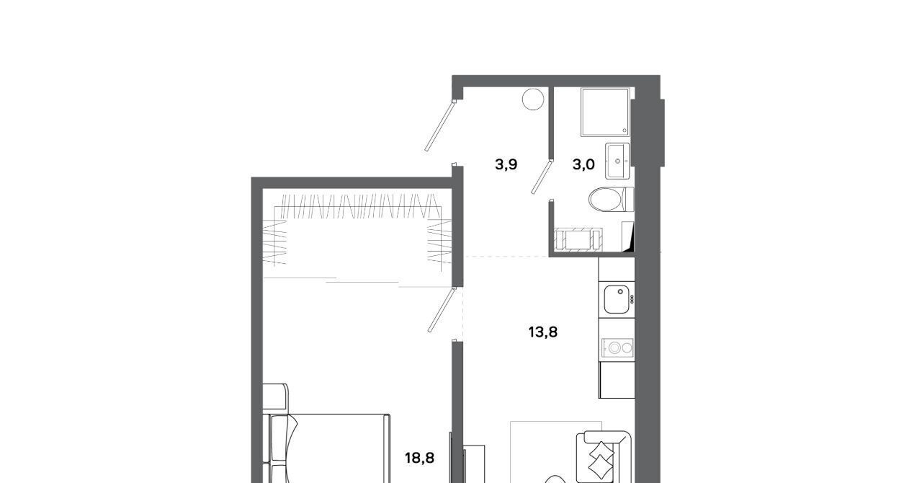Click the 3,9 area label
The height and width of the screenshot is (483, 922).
tap(506, 165)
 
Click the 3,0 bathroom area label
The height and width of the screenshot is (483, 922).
tap(583, 165)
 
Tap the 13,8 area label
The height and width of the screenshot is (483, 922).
tap(543, 332)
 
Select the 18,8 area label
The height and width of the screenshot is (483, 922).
tap(419, 458)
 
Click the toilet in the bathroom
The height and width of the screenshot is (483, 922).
tap(612, 199)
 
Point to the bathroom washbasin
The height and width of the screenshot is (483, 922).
tap(617, 161)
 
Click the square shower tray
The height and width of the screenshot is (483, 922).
tap(605, 112)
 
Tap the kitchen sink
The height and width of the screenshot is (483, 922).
tap(617, 299)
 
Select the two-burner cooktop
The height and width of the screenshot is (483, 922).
tap(617, 347)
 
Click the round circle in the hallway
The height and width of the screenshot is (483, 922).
tap(533, 99)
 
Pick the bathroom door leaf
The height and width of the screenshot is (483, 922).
tap(541, 177)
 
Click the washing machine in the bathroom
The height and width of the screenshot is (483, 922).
tap(578, 239)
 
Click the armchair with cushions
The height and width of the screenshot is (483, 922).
tap(604, 457)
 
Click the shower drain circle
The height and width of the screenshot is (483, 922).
tap(624, 130)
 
